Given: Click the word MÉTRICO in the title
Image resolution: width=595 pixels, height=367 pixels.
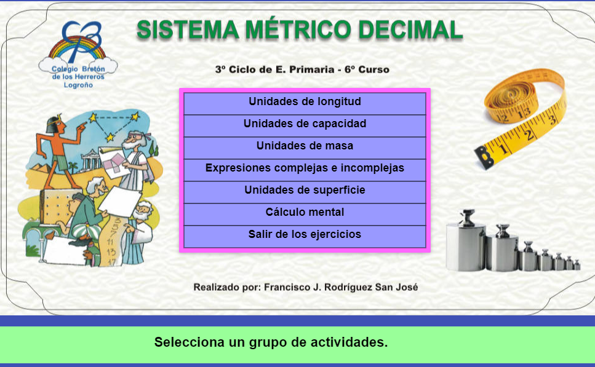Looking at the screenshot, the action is pos(298,29).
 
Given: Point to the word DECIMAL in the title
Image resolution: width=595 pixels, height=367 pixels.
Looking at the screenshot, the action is pos(410,30).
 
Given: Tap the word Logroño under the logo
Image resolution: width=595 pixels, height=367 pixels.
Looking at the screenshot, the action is pos(78,85).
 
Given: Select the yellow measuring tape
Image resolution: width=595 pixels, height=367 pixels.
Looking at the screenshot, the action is pos(521,117).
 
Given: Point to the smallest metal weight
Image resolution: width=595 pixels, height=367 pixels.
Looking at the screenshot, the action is pos(577,264).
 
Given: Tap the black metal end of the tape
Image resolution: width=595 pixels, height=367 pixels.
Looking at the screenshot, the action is pos(484,157).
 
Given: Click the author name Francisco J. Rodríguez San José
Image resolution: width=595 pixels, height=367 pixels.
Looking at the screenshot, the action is pos(341,287).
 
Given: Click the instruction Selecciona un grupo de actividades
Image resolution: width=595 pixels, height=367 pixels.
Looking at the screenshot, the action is pos(271,342).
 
